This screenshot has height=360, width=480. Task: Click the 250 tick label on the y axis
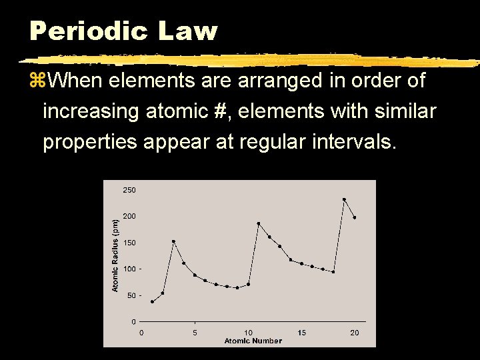point(129,190)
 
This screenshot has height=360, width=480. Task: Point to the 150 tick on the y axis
point(129,243)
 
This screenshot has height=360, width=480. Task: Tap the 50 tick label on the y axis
point(131,295)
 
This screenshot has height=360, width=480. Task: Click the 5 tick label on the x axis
point(195,332)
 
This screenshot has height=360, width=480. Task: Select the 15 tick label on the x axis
point(302,332)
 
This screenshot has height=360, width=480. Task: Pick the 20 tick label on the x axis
point(355,332)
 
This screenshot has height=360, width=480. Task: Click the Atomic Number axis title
point(253,341)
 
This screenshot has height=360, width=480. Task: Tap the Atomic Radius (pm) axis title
point(115,255)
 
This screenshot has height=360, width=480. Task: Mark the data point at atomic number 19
point(344,199)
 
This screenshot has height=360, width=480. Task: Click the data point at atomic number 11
point(259,223)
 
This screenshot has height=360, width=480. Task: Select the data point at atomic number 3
point(173,241)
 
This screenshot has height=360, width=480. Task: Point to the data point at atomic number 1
point(152,302)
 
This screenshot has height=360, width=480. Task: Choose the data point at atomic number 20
point(355,217)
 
